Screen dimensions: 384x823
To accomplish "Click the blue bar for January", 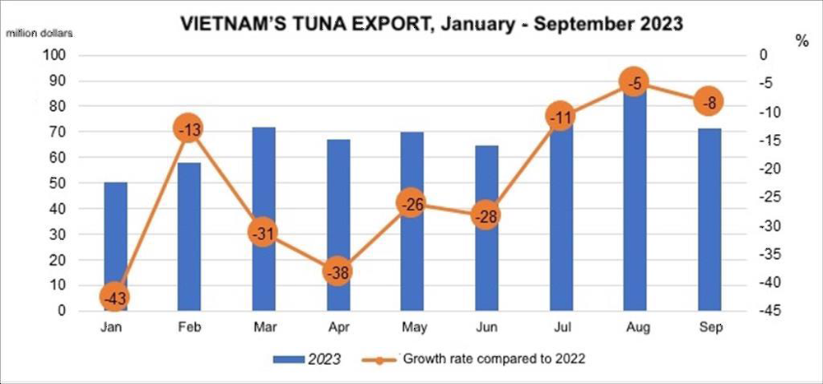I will click(116, 238).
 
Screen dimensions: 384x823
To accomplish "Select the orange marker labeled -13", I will click(188, 128).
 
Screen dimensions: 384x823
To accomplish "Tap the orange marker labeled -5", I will click(635, 81).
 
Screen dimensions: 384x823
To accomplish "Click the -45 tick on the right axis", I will click(759, 311).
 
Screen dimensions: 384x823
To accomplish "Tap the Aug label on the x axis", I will click(635, 328).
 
